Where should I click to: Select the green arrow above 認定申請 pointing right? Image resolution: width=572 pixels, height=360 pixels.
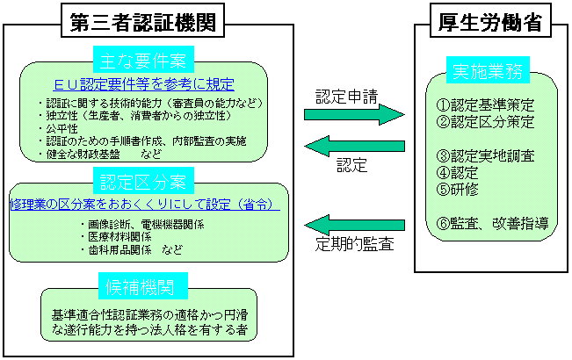353,114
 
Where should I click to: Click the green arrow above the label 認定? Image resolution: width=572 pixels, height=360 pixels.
353,145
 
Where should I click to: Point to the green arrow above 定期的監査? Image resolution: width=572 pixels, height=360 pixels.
353,226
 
